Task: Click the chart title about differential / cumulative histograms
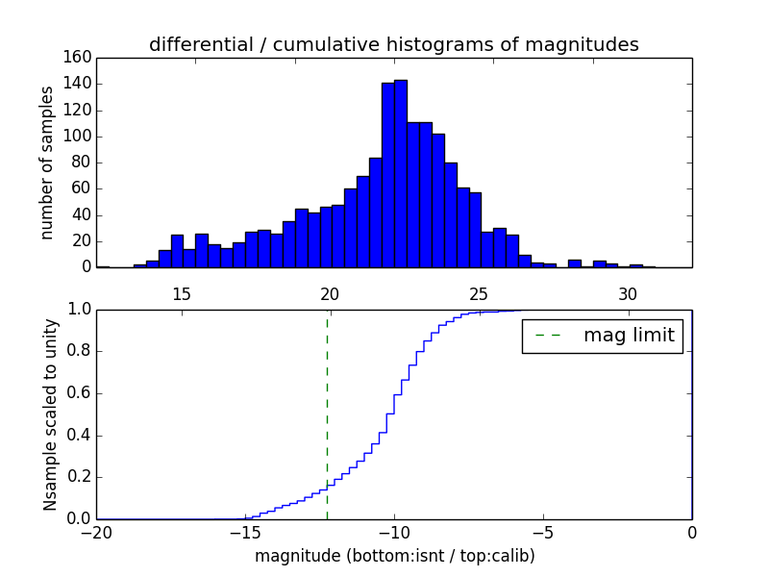[393, 44]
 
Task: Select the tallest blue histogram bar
[400, 173]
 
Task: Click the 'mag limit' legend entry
[603, 336]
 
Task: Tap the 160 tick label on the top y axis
[79, 58]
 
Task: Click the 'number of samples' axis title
[46, 163]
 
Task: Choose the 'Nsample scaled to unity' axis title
[50, 414]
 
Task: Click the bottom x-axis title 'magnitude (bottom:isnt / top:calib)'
[394, 556]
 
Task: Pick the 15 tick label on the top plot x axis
[181, 293]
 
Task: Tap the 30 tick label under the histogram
[628, 293]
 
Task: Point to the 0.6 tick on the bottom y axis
[78, 393]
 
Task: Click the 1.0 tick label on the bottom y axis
[78, 310]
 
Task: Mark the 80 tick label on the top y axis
[83, 163]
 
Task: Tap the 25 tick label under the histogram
[479, 293]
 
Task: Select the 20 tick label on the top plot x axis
[330, 293]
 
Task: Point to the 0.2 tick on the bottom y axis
[78, 477]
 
